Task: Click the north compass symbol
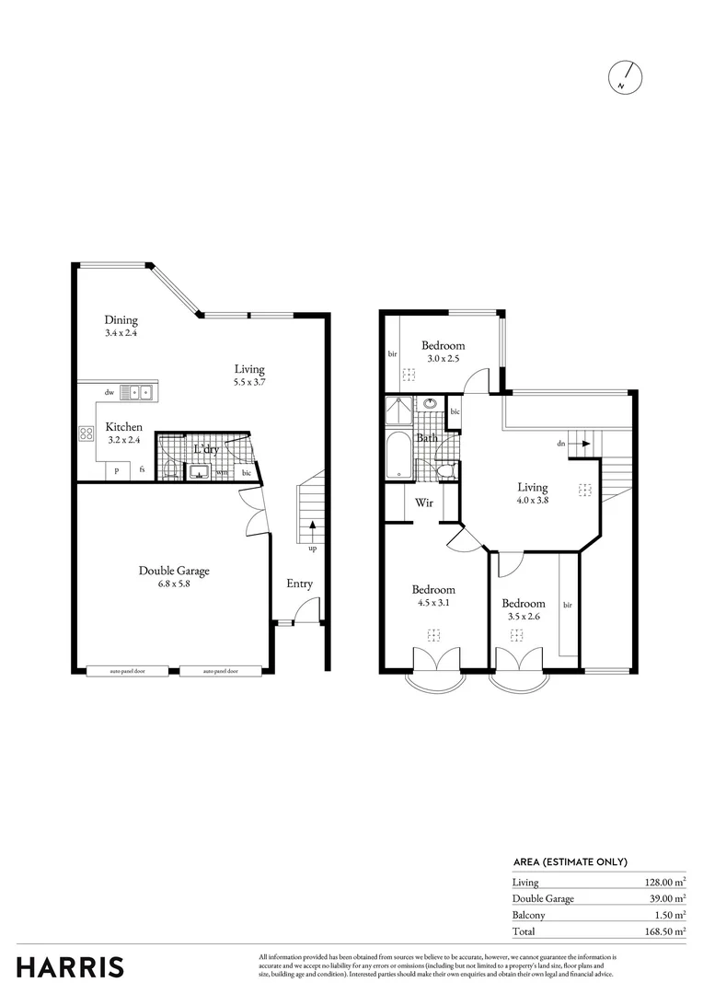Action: pyautogui.click(x=626, y=77)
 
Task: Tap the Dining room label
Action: pyautogui.click(x=121, y=320)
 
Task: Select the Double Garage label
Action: pyautogui.click(x=174, y=571)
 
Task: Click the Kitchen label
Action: pyautogui.click(x=123, y=427)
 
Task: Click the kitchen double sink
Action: pyautogui.click(x=141, y=392)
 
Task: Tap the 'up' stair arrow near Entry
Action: pyautogui.click(x=312, y=532)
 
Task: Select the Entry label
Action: pyautogui.click(x=299, y=584)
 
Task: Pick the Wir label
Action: pyautogui.click(x=424, y=503)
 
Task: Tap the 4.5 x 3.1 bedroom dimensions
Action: pyautogui.click(x=432, y=604)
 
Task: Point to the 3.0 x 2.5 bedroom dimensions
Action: pyautogui.click(x=444, y=359)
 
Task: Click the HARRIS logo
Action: pyautogui.click(x=70, y=967)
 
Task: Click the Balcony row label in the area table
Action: pyautogui.click(x=528, y=915)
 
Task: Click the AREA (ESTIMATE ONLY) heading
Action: pyautogui.click(x=570, y=862)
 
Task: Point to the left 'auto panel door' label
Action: pyautogui.click(x=127, y=672)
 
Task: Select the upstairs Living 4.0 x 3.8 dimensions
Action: pyautogui.click(x=532, y=502)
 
